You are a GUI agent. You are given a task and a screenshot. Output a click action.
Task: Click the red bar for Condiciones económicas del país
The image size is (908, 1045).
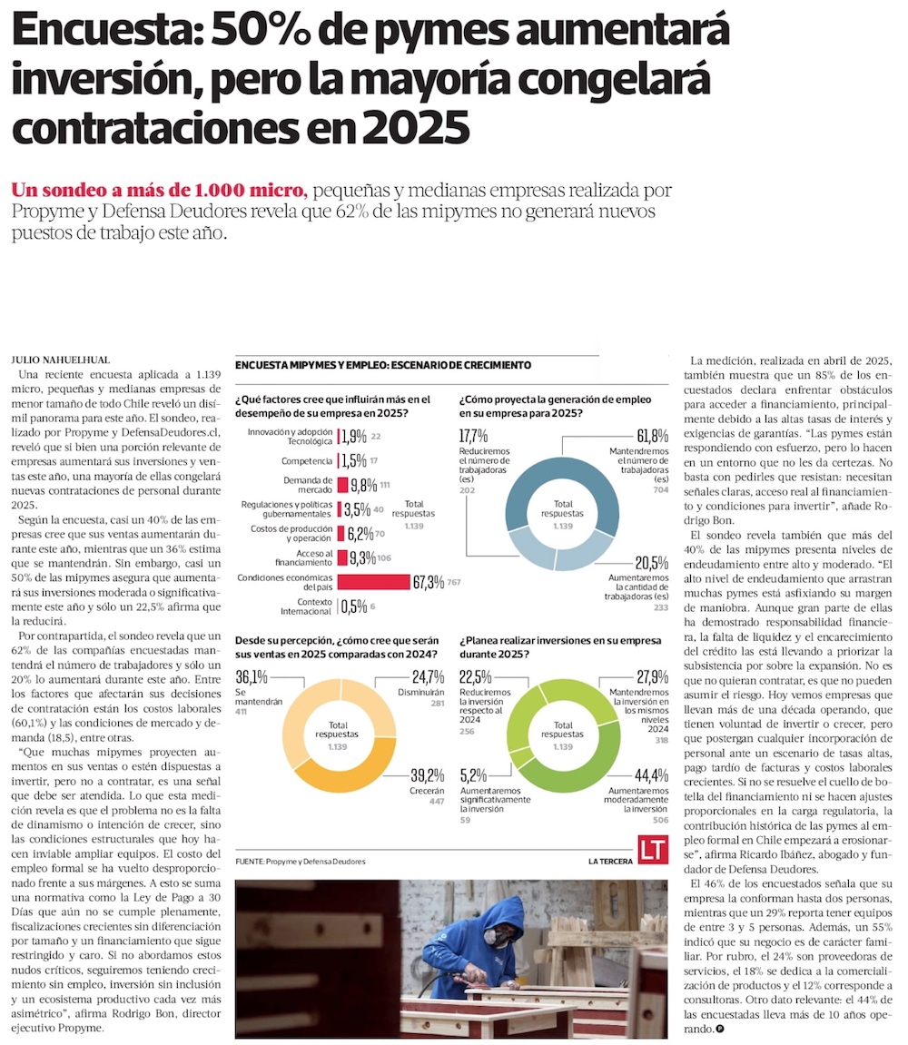373,582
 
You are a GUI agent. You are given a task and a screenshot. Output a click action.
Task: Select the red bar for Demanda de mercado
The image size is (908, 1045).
343,485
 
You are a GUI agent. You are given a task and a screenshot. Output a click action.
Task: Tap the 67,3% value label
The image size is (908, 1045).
429,582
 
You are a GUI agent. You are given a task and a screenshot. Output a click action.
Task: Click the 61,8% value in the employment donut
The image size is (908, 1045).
653,437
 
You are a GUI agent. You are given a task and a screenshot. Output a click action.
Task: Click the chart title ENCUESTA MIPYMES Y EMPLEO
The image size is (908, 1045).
382,365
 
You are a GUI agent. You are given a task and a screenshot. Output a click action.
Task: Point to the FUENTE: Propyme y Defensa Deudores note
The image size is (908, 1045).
301,861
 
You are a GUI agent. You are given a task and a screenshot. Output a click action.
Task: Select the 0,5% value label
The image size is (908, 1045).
353,606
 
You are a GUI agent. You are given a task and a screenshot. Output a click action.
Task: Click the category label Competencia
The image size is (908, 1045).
307,460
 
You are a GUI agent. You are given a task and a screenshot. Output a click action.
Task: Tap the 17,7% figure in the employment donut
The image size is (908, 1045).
474,437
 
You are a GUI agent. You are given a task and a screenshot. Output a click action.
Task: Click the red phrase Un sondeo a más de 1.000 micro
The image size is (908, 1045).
160,191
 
